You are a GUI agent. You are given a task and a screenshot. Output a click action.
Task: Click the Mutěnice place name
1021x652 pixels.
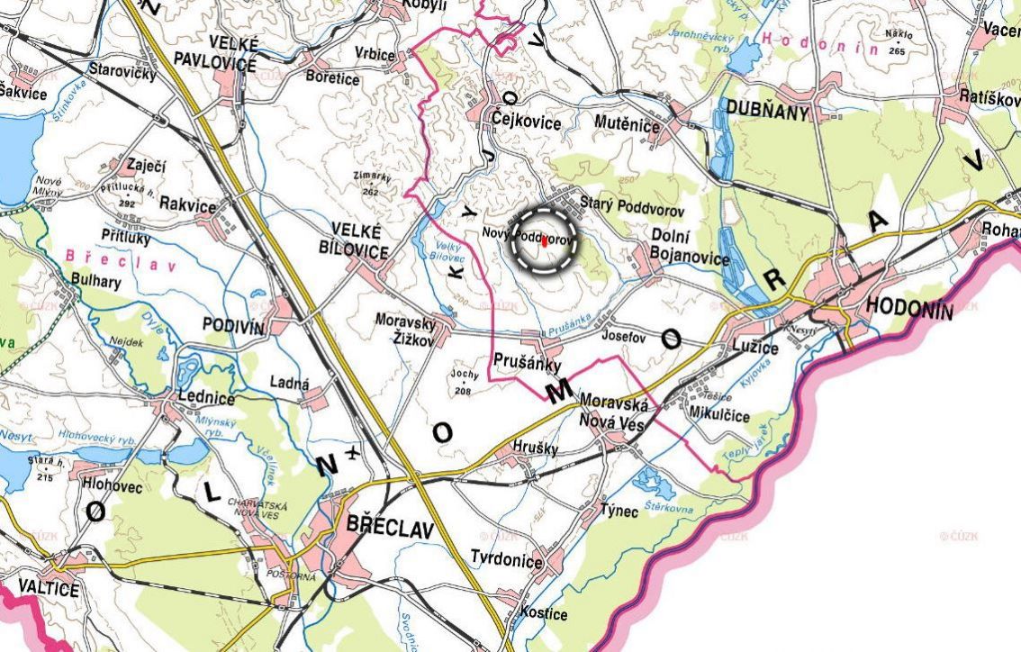[628, 123]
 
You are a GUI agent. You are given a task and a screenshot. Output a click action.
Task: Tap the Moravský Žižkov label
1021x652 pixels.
[407, 331]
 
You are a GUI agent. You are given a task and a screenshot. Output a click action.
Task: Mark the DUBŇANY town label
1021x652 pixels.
[762, 112]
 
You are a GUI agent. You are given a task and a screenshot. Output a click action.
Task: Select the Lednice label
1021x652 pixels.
[207, 399]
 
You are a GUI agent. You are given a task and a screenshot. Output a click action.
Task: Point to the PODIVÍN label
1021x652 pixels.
[233, 327]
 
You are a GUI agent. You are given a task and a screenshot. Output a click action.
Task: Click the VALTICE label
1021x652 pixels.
[40, 590]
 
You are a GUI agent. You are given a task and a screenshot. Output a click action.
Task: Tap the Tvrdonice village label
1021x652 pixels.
[507, 563]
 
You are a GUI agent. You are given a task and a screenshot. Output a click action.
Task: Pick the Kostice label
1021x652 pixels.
[544, 614]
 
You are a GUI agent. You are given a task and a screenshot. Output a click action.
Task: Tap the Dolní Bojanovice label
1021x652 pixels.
[690, 248]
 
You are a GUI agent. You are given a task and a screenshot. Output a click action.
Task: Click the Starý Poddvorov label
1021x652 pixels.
[633, 208]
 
